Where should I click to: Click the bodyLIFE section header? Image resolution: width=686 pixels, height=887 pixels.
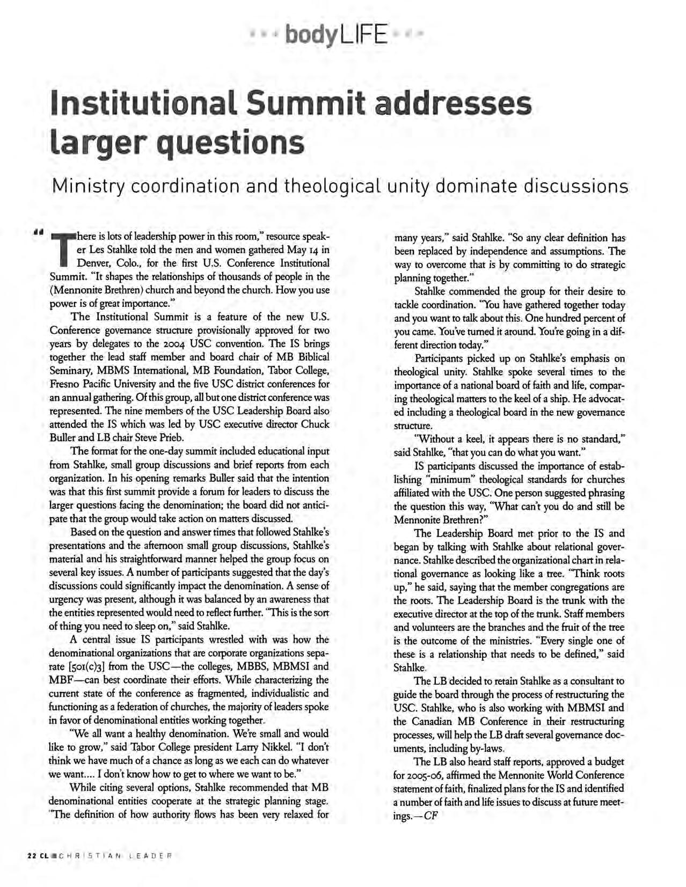coord(335,35)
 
